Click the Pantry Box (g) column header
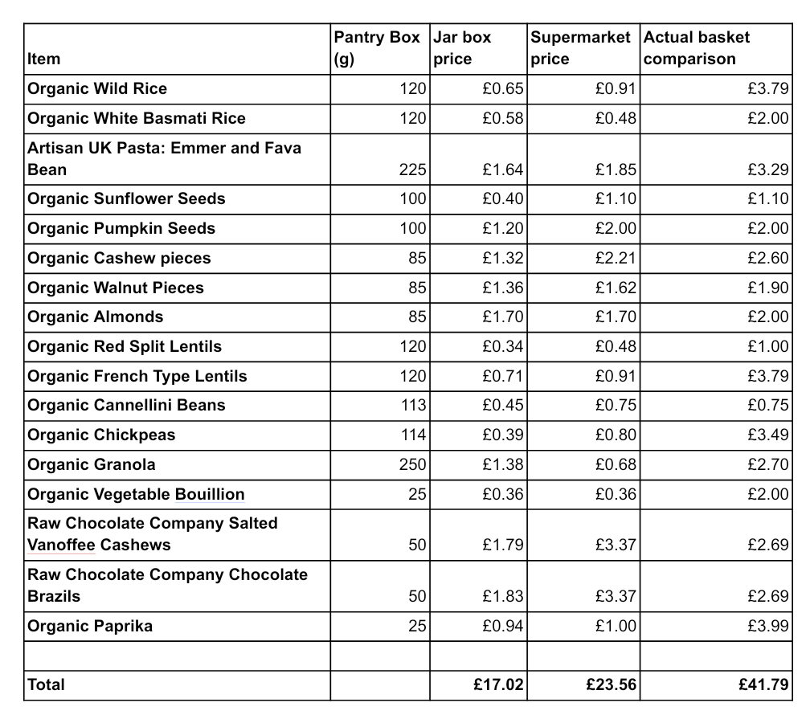pos(379,48)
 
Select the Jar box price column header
pos(462,48)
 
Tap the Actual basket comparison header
pos(697,48)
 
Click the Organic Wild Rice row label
pos(97,88)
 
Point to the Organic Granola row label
pos(92,464)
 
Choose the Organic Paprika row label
pos(90,626)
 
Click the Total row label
pos(47,684)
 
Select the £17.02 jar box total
pos(499,684)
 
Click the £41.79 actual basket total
pos(763,684)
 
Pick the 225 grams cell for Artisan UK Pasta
pos(412,170)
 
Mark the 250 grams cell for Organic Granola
pos(412,464)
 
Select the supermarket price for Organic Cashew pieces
pos(616,258)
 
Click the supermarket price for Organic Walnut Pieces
pos(616,288)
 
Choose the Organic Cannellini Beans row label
pos(126,405)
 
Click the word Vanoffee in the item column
pos(61,545)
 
